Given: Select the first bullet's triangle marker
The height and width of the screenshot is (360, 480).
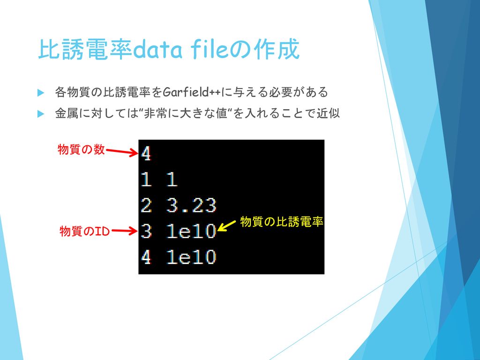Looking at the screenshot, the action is [x=41, y=92].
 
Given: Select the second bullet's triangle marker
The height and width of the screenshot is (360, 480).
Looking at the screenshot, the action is [x=41, y=114].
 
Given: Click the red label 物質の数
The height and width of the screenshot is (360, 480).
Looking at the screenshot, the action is [x=81, y=150].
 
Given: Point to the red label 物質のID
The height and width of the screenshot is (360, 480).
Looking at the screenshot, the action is [x=84, y=231].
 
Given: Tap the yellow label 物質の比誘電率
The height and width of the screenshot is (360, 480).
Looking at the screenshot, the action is [x=282, y=221].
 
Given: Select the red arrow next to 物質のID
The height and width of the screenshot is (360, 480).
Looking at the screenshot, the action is [x=124, y=231].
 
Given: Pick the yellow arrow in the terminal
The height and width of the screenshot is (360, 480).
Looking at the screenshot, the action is [x=226, y=226].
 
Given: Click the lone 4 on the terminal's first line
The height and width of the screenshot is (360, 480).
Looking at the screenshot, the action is [x=146, y=153].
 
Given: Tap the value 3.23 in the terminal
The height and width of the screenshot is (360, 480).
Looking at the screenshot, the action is [x=192, y=205].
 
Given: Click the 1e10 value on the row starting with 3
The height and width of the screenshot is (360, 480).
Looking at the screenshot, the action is [x=192, y=231].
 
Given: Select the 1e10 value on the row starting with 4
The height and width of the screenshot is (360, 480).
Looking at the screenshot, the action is [x=192, y=257].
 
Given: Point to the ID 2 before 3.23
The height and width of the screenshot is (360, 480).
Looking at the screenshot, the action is [x=146, y=205].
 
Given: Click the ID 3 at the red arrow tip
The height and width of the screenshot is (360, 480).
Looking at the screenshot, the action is [x=146, y=231].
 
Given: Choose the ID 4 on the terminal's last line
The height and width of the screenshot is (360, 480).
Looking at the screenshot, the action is [x=146, y=257].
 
